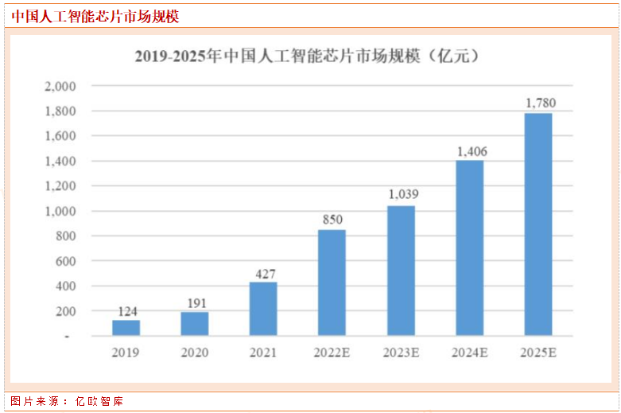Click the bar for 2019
click(x=126, y=327)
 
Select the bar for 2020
click(x=194, y=323)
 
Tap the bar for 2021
click(x=263, y=309)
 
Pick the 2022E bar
click(x=332, y=282)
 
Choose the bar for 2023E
click(x=401, y=271)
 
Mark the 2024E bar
click(x=469, y=247)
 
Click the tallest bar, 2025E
click(x=538, y=224)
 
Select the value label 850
click(x=332, y=219)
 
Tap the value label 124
click(x=126, y=310)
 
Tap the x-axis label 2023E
click(x=401, y=351)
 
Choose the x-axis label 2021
click(x=263, y=351)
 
